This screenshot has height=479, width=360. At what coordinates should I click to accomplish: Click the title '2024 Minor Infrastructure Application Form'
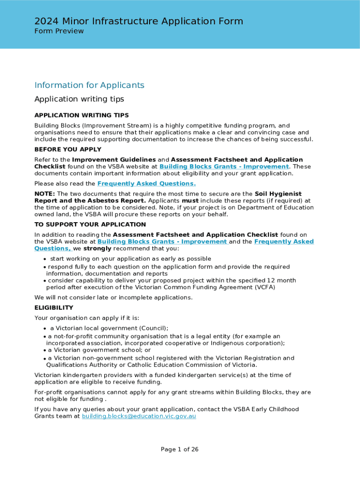click(138, 21)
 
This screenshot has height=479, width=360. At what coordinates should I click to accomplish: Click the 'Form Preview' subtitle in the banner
click(59, 31)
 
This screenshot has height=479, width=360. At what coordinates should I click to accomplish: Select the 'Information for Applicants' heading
click(89, 85)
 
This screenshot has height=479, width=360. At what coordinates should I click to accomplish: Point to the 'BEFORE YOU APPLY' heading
click(68, 150)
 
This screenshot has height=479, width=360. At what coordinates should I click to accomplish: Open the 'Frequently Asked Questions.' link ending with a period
click(146, 184)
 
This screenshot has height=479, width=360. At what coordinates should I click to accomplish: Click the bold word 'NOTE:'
click(45, 194)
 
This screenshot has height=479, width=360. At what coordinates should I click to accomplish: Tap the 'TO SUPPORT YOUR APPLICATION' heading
click(90, 225)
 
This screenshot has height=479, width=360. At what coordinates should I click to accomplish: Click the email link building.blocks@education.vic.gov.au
click(139, 416)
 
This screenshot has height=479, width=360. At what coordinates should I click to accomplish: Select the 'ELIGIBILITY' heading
click(54, 308)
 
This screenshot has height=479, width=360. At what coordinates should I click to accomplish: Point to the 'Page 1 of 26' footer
click(180, 450)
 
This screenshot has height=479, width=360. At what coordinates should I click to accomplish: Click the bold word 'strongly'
click(97, 248)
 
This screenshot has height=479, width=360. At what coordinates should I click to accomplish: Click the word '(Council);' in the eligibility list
click(151, 328)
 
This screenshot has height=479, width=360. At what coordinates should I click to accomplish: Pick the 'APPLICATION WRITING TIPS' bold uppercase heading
click(81, 116)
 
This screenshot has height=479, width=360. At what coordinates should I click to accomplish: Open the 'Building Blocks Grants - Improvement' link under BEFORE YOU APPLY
click(224, 167)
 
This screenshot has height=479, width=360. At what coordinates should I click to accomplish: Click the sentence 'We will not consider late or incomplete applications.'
click(113, 298)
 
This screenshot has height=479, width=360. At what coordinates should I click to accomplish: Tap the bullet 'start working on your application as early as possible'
click(130, 259)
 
